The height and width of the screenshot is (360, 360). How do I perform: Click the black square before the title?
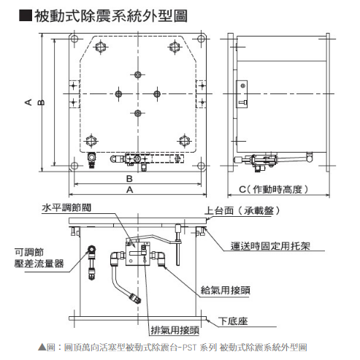click(x=26, y=16)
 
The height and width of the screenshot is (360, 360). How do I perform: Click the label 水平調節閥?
click(x=66, y=207)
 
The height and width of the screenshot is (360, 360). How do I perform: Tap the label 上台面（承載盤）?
click(x=242, y=210)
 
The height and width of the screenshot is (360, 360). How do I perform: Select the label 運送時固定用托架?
click(x=270, y=246)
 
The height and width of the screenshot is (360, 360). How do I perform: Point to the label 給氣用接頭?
click(x=226, y=290)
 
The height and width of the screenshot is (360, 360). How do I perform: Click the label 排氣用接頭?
click(x=175, y=330)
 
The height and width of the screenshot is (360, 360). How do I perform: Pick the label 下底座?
click(x=233, y=321)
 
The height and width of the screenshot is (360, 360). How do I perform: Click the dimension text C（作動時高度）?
click(x=274, y=189)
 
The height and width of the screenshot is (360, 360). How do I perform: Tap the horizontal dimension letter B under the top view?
click(x=129, y=179)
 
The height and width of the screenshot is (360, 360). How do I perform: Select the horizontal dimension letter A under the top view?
click(x=130, y=190)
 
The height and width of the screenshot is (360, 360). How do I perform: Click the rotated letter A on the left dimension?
click(x=28, y=102)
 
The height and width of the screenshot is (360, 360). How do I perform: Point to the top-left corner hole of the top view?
click(x=74, y=39)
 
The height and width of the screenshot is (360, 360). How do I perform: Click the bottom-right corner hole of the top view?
click(x=201, y=166)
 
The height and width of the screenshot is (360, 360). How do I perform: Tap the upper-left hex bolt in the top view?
click(x=100, y=47)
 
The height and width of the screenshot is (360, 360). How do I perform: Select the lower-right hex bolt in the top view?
click(x=185, y=141)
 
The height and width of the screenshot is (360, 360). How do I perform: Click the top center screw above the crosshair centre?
click(x=138, y=74)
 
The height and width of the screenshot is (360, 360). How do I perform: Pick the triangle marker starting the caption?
click(x=42, y=347)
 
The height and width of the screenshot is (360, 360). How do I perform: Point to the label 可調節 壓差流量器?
click(x=39, y=258)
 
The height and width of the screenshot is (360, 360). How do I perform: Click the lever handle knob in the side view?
click(x=309, y=157)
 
